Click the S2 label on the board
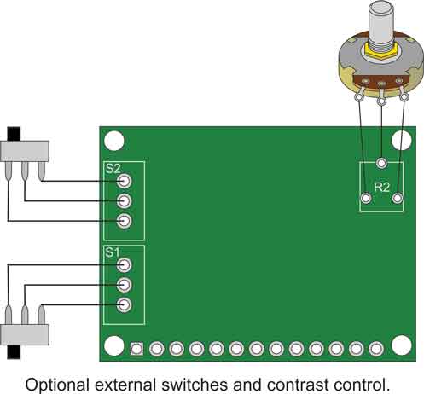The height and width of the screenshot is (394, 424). [x=113, y=169]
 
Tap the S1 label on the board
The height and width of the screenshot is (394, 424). [x=113, y=252]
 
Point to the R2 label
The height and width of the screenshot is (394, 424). [x=381, y=188]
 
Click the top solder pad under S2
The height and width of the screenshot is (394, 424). [x=124, y=181]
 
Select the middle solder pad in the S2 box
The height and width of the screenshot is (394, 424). [x=124, y=201]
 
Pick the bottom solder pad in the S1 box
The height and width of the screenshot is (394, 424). [x=124, y=305]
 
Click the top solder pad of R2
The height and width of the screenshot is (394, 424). [x=381, y=163]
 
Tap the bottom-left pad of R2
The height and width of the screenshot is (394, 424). [x=366, y=198]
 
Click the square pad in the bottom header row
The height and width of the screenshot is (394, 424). [x=136, y=349]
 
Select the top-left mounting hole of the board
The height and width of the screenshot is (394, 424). [x=114, y=141]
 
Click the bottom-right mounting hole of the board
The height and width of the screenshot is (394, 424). [x=402, y=345]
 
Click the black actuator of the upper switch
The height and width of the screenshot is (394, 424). [x=14, y=134]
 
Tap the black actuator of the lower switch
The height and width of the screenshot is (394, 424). [x=14, y=352]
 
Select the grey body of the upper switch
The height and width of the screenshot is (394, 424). [x=25, y=151]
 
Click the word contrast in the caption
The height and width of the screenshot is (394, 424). [x=298, y=385]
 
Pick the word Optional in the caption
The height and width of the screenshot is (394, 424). [x=57, y=385]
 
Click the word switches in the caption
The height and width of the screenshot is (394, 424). [x=195, y=385]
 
